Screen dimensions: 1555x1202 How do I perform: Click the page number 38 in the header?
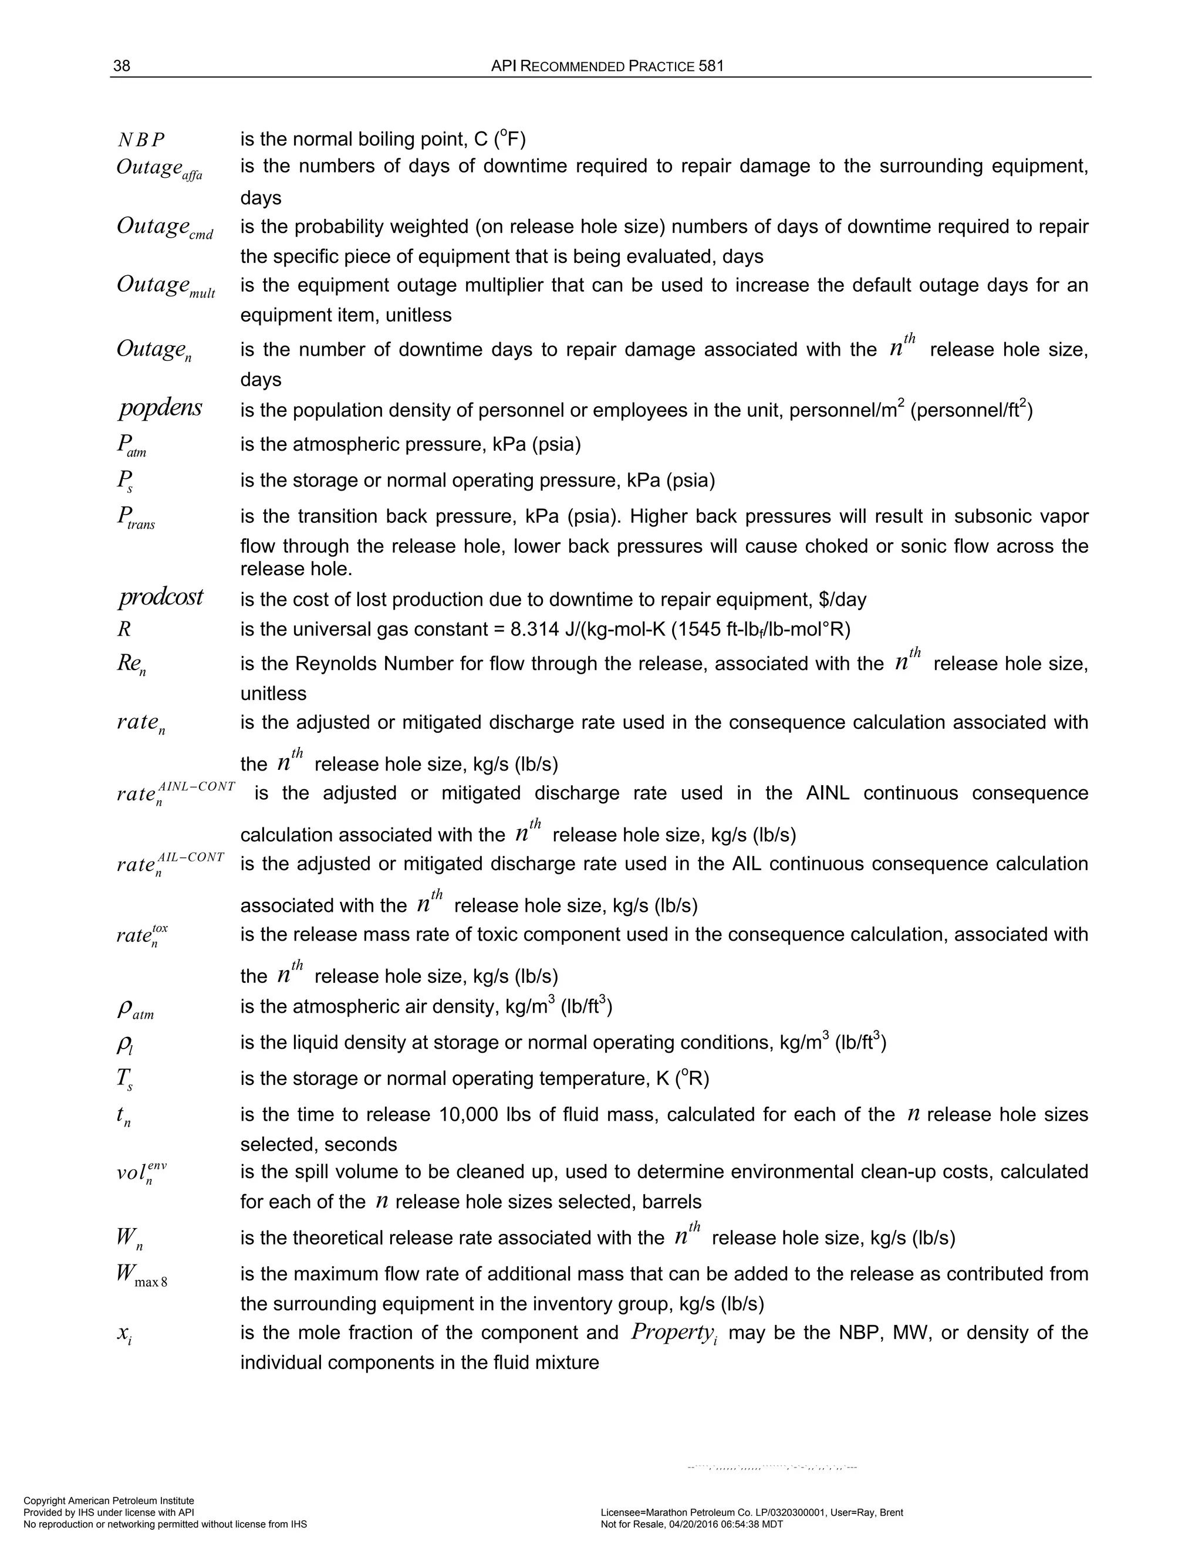coord(121,66)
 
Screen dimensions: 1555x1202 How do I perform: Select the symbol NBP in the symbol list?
coord(141,140)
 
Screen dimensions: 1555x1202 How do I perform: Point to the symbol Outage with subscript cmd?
coord(164,228)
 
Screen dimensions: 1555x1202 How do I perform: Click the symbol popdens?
coord(160,408)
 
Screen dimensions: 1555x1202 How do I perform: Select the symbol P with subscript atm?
coord(131,446)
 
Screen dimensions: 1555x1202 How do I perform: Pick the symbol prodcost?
coord(160,597)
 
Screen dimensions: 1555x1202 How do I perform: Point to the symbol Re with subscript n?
coord(131,665)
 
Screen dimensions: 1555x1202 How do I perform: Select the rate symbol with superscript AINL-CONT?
coord(175,792)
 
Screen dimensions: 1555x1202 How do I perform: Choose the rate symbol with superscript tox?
coord(141,934)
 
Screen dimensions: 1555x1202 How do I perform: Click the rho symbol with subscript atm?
coord(134,1009)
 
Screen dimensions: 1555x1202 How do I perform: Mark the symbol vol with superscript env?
coord(141,1172)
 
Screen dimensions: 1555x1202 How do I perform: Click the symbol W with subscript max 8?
coord(141,1275)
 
